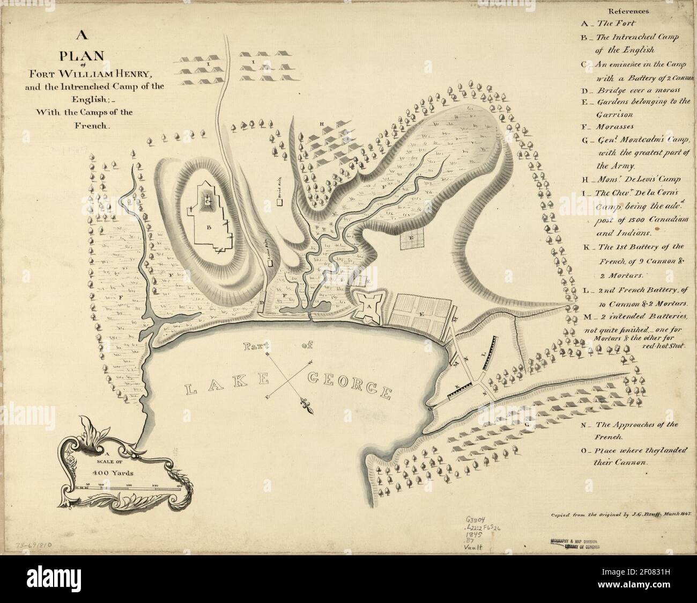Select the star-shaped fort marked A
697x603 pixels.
click(x=369, y=306)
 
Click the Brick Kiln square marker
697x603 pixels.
click(x=279, y=202)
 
